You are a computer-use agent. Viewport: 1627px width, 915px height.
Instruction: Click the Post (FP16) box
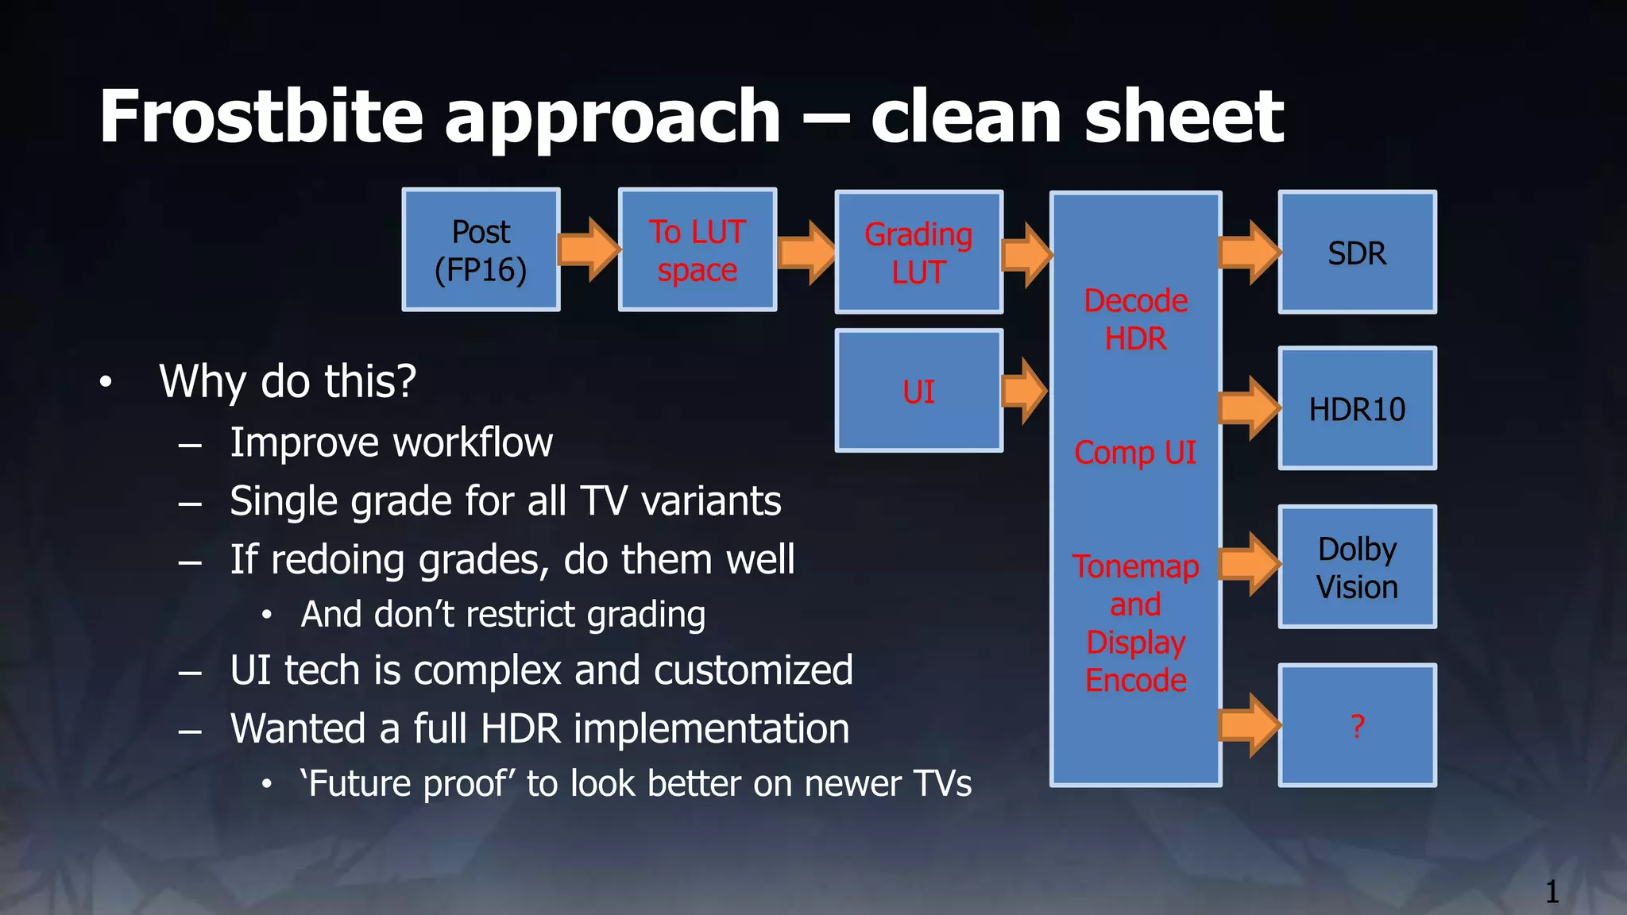pos(481,250)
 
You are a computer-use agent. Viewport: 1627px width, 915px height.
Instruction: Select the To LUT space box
pos(697,250)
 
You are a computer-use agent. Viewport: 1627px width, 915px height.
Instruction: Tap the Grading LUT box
pos(918,253)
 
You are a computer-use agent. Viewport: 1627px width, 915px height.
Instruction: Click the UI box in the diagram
pos(918,391)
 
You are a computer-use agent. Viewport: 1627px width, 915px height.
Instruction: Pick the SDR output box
pos(1357,253)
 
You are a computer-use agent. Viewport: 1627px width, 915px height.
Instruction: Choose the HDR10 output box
pos(1357,408)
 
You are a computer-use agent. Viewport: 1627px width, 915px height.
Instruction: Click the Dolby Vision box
pos(1357,567)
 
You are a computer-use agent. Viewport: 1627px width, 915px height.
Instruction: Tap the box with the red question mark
pos(1357,725)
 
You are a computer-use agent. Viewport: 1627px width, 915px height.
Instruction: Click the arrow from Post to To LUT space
pos(589,249)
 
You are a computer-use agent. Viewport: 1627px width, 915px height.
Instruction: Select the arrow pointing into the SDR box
pos(1250,253)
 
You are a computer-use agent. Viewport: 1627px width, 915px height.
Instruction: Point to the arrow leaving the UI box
pos(1025,391)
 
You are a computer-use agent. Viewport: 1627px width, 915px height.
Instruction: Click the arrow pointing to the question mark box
pos(1250,724)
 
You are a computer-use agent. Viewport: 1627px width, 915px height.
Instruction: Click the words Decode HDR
pos(1135,319)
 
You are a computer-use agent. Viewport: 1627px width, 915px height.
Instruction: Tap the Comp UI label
pos(1135,452)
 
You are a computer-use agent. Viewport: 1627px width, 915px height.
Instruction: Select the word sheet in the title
pos(1184,117)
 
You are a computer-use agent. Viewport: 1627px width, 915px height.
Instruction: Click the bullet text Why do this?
pos(288,381)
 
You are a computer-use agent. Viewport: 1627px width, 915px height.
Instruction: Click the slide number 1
pos(1552,892)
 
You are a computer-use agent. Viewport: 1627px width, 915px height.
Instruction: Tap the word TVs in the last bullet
pos(942,784)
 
